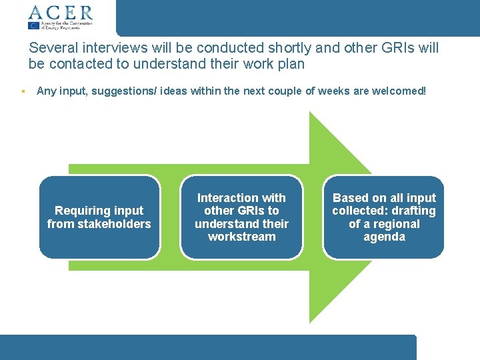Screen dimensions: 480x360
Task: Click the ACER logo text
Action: click(x=60, y=12)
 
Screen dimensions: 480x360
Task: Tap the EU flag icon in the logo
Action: click(x=33, y=25)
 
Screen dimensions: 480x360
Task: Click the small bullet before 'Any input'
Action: click(x=23, y=91)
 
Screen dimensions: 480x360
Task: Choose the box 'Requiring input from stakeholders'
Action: click(x=99, y=217)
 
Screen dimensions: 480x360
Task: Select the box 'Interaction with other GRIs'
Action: click(x=241, y=217)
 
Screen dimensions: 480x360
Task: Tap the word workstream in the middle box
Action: click(x=241, y=237)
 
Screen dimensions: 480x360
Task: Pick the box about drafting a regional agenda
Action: click(x=384, y=217)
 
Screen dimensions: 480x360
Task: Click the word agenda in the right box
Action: click(x=384, y=237)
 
